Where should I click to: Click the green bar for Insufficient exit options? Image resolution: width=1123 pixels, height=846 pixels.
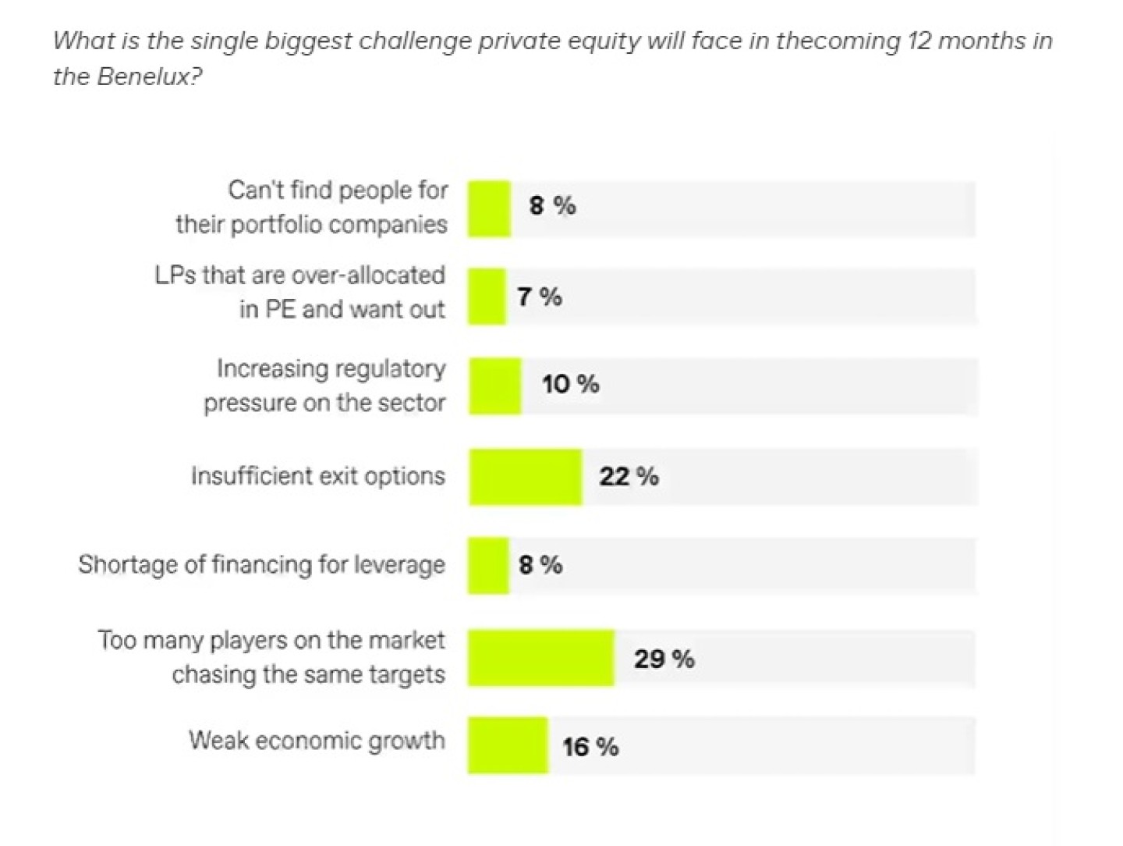[526, 477]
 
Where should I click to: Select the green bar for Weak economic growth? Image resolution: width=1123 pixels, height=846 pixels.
[508, 745]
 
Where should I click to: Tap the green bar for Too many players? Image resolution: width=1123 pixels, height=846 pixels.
[541, 658]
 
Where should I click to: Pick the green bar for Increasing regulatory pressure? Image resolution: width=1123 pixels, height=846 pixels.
[495, 386]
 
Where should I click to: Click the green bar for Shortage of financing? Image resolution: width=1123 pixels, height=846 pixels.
[489, 565]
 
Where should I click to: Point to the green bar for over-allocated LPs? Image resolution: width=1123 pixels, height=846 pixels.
[487, 296]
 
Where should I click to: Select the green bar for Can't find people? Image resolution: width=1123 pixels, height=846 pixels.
[490, 208]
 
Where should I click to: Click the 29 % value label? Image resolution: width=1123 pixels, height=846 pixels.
[664, 659]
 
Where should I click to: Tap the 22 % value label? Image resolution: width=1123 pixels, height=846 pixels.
[629, 476]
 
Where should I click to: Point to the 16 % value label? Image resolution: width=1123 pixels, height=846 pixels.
[590, 747]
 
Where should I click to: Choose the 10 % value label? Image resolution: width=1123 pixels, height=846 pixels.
[571, 384]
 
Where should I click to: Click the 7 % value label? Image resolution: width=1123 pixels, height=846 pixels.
[540, 297]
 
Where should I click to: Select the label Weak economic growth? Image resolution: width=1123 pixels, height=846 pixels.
[317, 740]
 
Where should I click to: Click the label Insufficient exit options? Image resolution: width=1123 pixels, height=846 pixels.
[318, 476]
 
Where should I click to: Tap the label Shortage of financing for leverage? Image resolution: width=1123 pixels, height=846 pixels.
[262, 564]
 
